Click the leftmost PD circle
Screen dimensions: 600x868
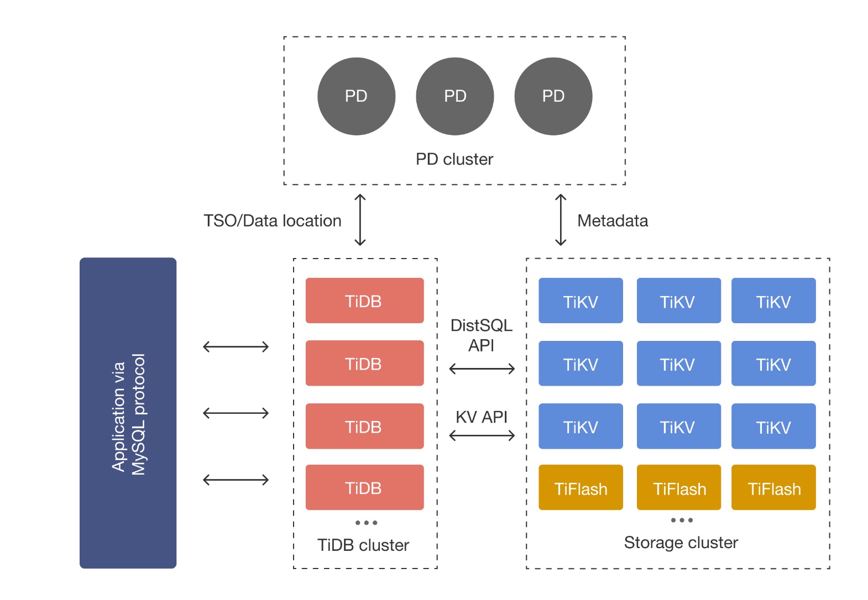click(356, 96)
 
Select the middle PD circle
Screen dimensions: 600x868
click(454, 96)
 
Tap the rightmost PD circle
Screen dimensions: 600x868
click(553, 96)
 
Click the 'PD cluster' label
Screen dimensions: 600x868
click(454, 159)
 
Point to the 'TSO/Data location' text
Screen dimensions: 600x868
click(272, 220)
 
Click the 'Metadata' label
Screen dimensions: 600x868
click(613, 220)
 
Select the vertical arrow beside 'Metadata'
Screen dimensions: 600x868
click(561, 220)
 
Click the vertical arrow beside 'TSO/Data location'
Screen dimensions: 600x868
click(360, 220)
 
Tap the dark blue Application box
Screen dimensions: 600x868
click(128, 413)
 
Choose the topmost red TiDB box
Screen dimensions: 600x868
click(364, 301)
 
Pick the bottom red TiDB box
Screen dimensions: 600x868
click(364, 487)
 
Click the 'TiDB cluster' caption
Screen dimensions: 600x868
click(363, 545)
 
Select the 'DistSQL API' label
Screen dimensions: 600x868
click(481, 335)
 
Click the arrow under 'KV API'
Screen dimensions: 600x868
click(482, 436)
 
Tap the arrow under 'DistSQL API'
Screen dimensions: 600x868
click(482, 369)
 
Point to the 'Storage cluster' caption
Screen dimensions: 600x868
click(681, 543)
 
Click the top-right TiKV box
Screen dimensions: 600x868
click(773, 301)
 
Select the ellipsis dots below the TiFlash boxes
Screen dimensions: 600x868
click(682, 520)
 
